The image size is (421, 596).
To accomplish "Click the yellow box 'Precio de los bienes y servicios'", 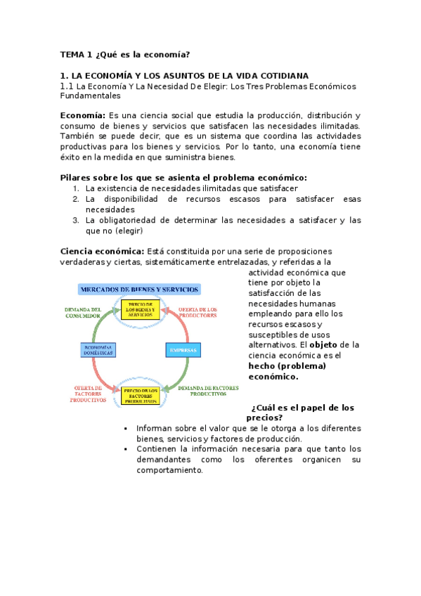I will [141, 309].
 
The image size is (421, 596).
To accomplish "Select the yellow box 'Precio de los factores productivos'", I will [141, 396].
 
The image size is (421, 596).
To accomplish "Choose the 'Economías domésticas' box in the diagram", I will [94, 349].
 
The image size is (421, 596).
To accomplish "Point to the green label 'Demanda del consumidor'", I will [83, 312].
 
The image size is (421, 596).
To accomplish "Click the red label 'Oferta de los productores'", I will [197, 312].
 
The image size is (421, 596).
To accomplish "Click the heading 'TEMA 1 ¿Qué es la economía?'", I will [125, 54].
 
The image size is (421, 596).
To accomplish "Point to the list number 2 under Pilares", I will [76, 199].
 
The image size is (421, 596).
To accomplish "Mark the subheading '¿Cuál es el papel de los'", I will [302, 408].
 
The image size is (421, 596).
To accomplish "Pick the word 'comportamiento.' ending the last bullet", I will [169, 470].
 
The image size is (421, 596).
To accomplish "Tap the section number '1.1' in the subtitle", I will [67, 86].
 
